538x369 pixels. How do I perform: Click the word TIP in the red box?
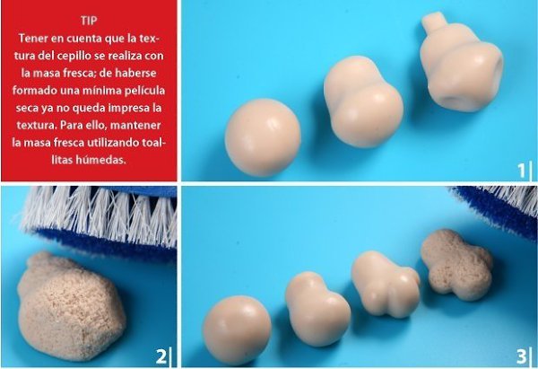click(89, 21)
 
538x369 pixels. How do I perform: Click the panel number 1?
click(521, 171)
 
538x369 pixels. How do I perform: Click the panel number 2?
click(161, 356)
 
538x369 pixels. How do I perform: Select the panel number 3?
click(521, 356)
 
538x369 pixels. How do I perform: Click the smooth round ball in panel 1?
click(263, 137)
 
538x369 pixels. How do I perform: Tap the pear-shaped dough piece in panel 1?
click(362, 102)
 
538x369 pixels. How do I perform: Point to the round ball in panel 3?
click(237, 330)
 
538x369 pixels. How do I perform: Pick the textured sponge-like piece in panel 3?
click(457, 264)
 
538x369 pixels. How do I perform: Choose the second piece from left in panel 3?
click(317, 308)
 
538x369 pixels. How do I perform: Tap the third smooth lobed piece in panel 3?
click(385, 283)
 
